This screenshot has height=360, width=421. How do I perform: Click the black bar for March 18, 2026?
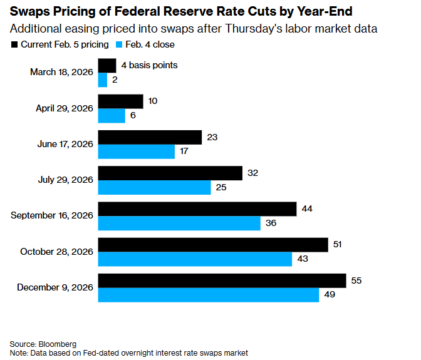107,65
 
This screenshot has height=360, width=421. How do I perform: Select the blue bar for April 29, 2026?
112,116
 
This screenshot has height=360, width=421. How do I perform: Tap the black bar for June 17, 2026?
150,136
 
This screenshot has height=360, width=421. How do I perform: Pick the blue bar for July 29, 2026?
154,187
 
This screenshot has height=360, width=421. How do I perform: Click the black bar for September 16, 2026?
197,208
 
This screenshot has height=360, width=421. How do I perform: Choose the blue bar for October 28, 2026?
195,259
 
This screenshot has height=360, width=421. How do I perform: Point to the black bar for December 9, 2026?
222,280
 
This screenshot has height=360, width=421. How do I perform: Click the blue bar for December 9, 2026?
209,294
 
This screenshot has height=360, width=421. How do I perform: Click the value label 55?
357,280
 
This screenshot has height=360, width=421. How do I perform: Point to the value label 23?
212,136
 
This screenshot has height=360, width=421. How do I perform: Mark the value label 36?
271,223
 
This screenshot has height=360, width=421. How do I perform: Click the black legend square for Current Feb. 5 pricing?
14,44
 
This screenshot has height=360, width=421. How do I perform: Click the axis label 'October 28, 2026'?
56,251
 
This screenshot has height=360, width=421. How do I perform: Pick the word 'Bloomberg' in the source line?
57,344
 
